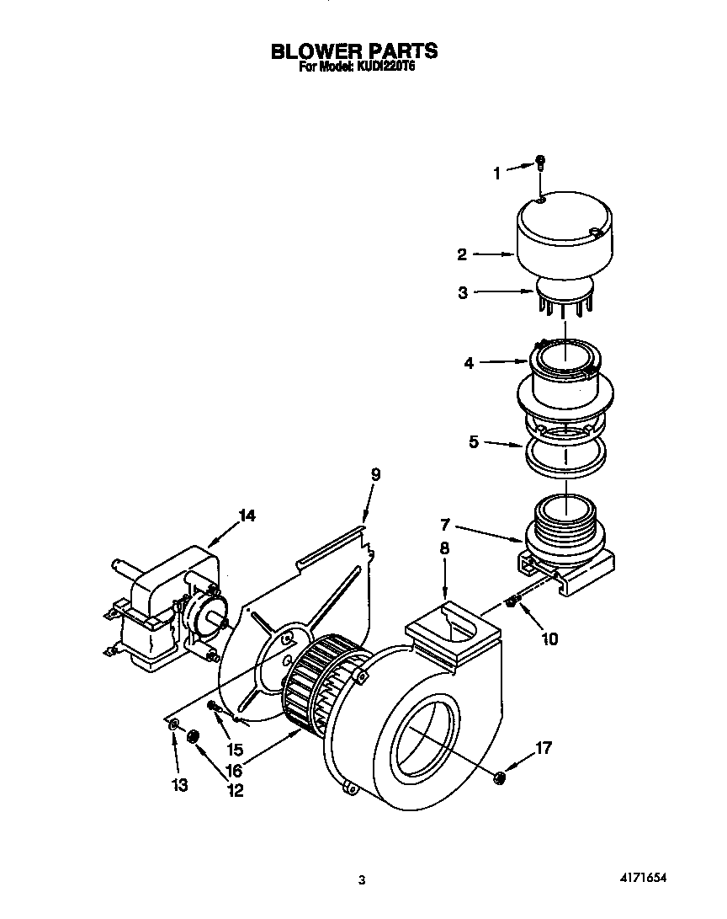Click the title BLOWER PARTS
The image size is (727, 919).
(353, 51)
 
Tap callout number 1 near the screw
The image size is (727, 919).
(496, 174)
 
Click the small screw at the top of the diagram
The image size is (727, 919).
(540, 163)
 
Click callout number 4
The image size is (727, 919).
(469, 363)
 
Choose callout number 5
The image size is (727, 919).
(475, 441)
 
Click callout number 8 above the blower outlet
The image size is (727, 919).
(444, 548)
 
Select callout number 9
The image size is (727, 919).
(375, 475)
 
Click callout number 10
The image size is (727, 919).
(549, 638)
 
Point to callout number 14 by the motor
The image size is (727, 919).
(245, 516)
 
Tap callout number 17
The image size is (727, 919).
(544, 747)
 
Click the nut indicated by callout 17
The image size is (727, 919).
(499, 777)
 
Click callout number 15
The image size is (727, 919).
(234, 749)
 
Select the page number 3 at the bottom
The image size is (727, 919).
(362, 881)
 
